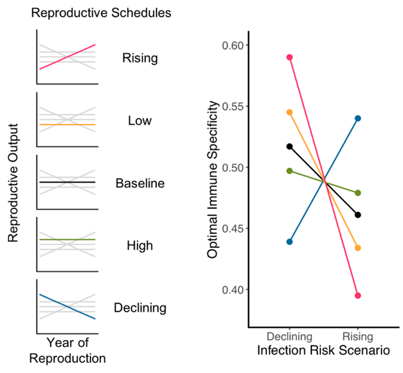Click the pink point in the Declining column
click(x=289, y=57)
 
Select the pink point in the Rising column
click(x=357, y=295)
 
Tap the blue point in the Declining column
click(x=289, y=242)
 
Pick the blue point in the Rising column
click(x=357, y=119)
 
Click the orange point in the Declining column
click(x=289, y=112)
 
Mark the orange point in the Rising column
click(x=357, y=248)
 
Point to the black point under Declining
click(x=289, y=146)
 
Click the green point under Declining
click(x=289, y=171)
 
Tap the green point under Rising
click(x=357, y=193)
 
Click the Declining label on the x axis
click(x=289, y=337)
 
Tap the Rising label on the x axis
click(x=357, y=337)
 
